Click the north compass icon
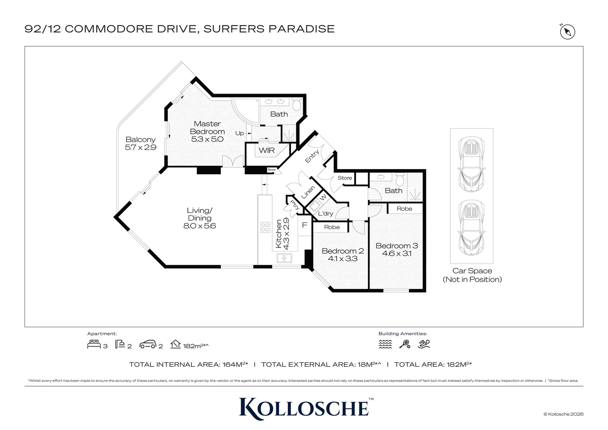coord(567,32)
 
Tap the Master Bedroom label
coord(207,128)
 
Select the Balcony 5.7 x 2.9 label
coord(140,143)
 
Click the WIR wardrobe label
coord(267,150)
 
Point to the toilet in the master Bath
coord(296,105)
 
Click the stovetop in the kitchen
coord(265,227)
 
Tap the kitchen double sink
coord(285,258)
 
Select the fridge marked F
coord(305,225)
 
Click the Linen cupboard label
coord(308,192)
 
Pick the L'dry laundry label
coord(325,214)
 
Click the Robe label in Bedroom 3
coord(404,209)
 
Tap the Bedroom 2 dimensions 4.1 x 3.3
coord(343,258)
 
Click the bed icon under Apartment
coord(94,344)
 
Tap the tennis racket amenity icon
coord(405,344)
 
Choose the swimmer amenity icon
coord(424,344)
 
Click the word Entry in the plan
coord(312,156)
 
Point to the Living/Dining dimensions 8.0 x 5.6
coord(200,226)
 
